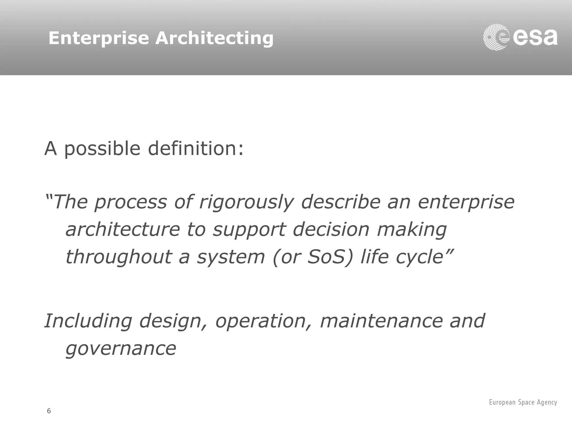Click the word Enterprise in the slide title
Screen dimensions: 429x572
click(x=99, y=38)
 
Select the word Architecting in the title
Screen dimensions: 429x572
click(x=214, y=38)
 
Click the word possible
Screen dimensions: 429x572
click(x=102, y=149)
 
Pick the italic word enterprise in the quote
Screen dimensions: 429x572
click(x=466, y=202)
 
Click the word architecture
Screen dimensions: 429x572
click(x=122, y=230)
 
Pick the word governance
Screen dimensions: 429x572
click(x=121, y=349)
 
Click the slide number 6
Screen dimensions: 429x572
click(x=49, y=411)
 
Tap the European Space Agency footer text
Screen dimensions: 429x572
click(x=523, y=402)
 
